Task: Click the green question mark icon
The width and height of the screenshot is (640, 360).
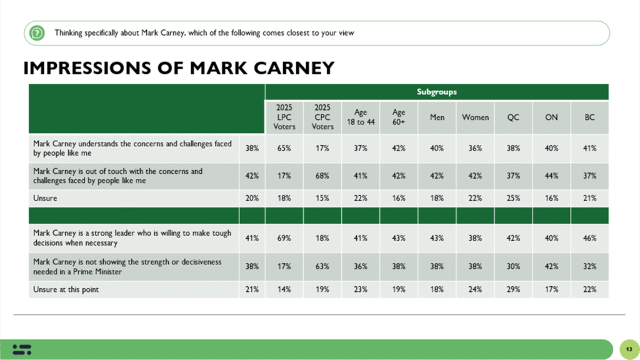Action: click(37, 32)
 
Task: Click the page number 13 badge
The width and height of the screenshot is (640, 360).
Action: click(626, 348)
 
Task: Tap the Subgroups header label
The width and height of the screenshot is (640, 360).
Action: click(436, 92)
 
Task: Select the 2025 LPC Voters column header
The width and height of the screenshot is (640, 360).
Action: click(284, 117)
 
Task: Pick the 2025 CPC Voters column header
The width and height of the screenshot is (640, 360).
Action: click(322, 117)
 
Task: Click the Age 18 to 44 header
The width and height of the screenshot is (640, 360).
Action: click(361, 117)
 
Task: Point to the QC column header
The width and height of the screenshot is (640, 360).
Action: click(513, 117)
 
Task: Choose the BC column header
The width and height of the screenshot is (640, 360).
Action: click(589, 117)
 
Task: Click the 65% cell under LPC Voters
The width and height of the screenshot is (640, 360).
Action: click(284, 148)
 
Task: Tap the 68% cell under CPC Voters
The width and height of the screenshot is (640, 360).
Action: click(322, 176)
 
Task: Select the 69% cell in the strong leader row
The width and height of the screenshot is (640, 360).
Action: click(284, 237)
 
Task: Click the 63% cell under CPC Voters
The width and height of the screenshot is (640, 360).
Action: click(322, 266)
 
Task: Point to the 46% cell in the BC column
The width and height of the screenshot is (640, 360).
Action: click(589, 237)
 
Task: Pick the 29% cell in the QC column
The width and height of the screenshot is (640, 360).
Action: click(513, 289)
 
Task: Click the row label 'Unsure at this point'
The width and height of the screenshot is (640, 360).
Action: click(66, 289)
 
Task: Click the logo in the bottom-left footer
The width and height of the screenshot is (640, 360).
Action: click(21, 348)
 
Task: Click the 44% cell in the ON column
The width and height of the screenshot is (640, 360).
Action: click(551, 176)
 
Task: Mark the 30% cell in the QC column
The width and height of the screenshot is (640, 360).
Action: click(513, 266)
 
